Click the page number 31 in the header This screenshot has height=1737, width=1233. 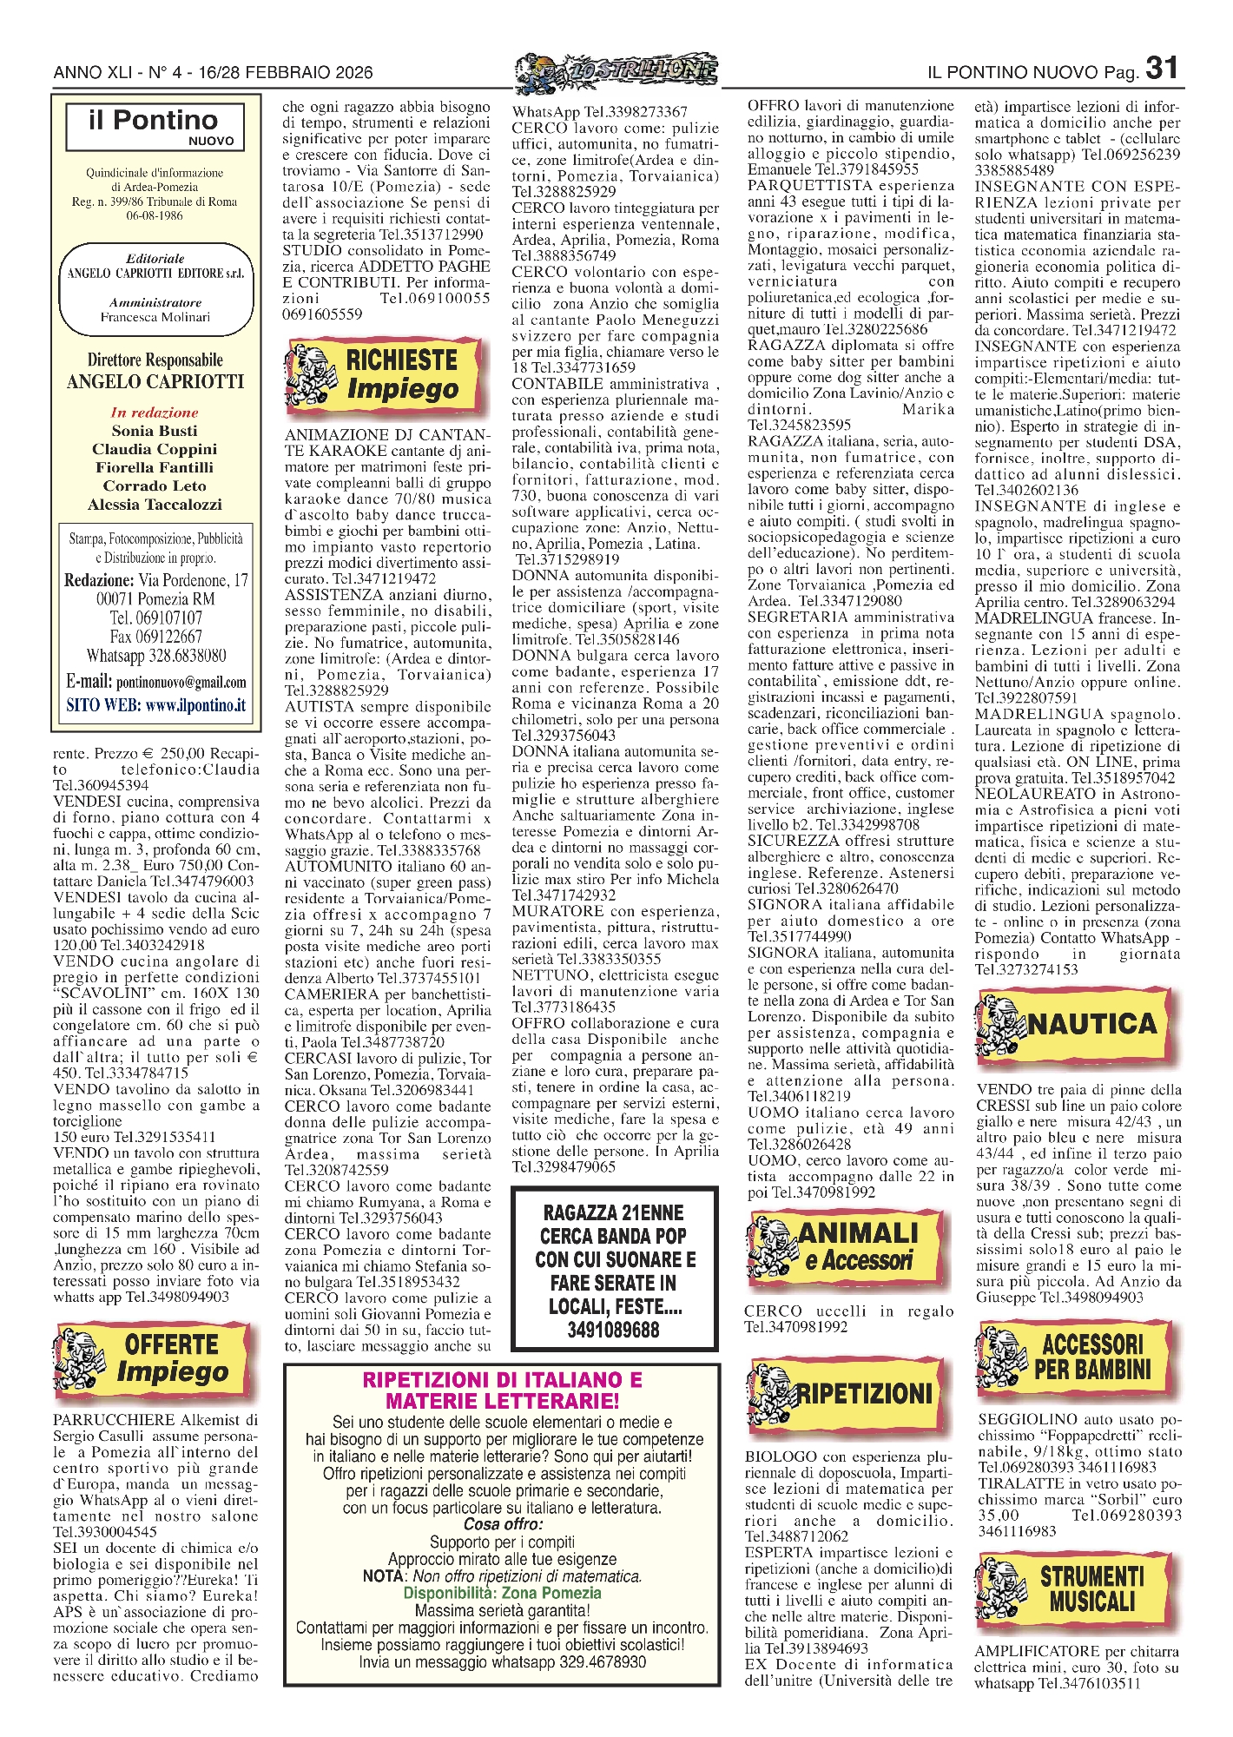(x=1162, y=68)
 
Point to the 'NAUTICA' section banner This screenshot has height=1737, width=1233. (x=1077, y=1026)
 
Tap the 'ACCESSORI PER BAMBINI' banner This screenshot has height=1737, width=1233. (x=1077, y=1357)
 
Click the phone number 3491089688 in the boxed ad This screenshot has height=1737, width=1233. (x=614, y=1330)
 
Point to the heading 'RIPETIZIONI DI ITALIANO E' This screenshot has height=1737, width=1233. (x=502, y=1380)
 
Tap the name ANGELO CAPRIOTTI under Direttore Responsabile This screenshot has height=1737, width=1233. (x=155, y=381)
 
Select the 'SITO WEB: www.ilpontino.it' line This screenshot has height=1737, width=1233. (x=155, y=705)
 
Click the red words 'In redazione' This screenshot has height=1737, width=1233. (x=155, y=413)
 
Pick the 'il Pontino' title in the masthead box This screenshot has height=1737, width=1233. (x=154, y=120)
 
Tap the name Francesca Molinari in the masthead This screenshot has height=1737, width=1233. (x=155, y=317)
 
